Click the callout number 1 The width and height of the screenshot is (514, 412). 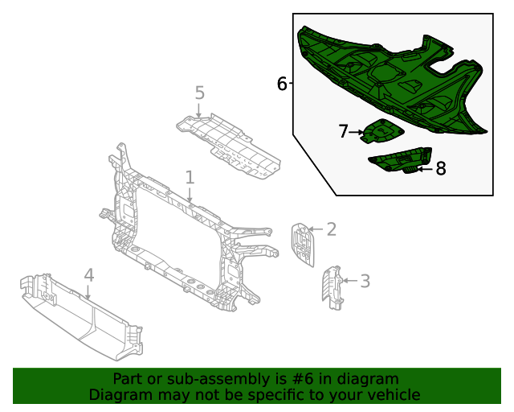[x=190, y=176]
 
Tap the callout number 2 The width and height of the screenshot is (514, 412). [x=330, y=229]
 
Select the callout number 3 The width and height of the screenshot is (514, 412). [x=365, y=281]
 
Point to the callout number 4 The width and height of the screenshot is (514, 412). [x=88, y=275]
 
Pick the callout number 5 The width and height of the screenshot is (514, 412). [x=199, y=93]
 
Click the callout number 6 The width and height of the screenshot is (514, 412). [x=282, y=83]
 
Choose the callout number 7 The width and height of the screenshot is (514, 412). [x=343, y=131]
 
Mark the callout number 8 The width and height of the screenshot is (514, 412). [x=440, y=168]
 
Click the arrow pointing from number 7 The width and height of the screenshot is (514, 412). [x=357, y=132]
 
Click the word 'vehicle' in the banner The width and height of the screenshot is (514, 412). [x=393, y=394]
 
